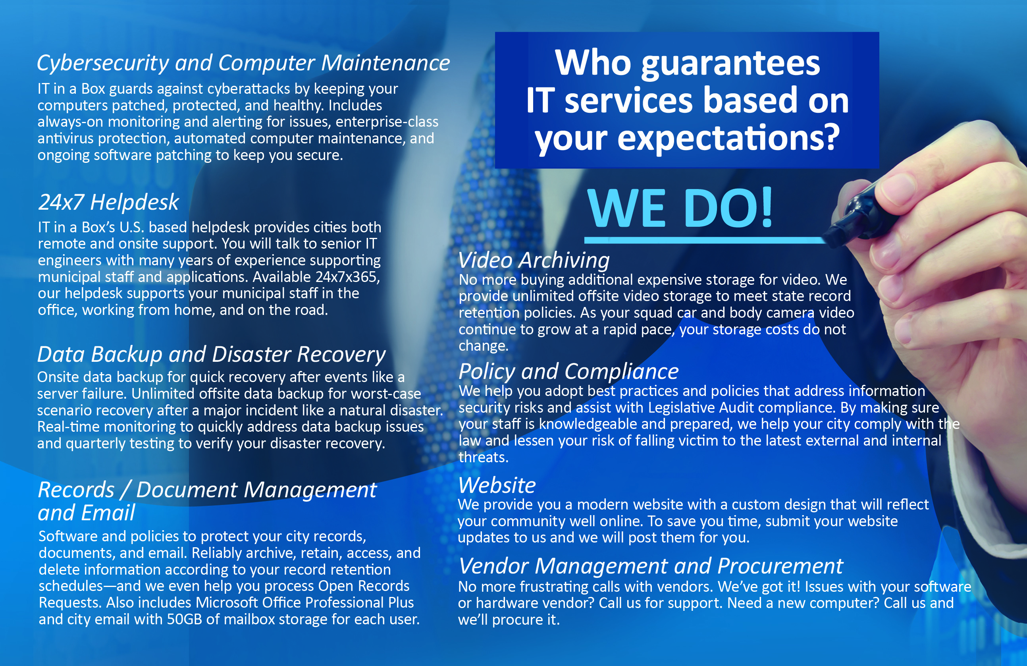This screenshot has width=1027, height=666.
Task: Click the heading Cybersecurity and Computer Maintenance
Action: pos(243,64)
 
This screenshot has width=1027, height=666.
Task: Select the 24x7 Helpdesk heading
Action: pos(108,202)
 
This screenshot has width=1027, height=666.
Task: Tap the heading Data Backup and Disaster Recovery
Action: pos(212,355)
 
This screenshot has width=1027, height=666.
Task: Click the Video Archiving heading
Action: pos(534,260)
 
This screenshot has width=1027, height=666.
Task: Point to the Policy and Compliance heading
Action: pos(568,372)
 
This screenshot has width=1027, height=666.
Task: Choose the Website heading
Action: pos(497,485)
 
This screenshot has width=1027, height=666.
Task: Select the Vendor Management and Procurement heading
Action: pos(650,566)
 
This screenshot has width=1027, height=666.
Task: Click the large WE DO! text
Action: pos(680,208)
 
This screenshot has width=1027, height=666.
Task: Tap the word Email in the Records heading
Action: pos(108,513)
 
